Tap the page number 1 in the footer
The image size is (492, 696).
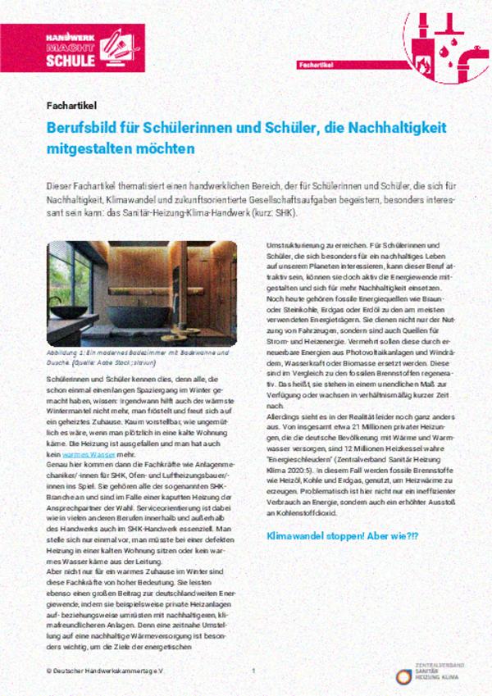253,671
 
